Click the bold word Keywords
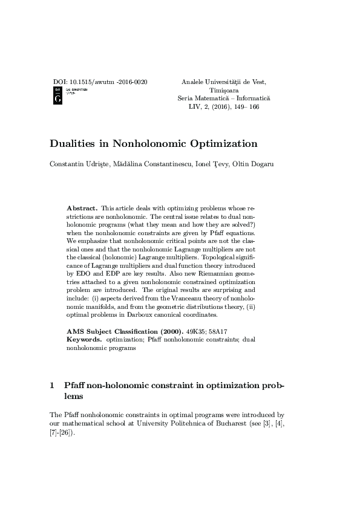[84, 340]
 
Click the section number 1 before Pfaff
[51, 385]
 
